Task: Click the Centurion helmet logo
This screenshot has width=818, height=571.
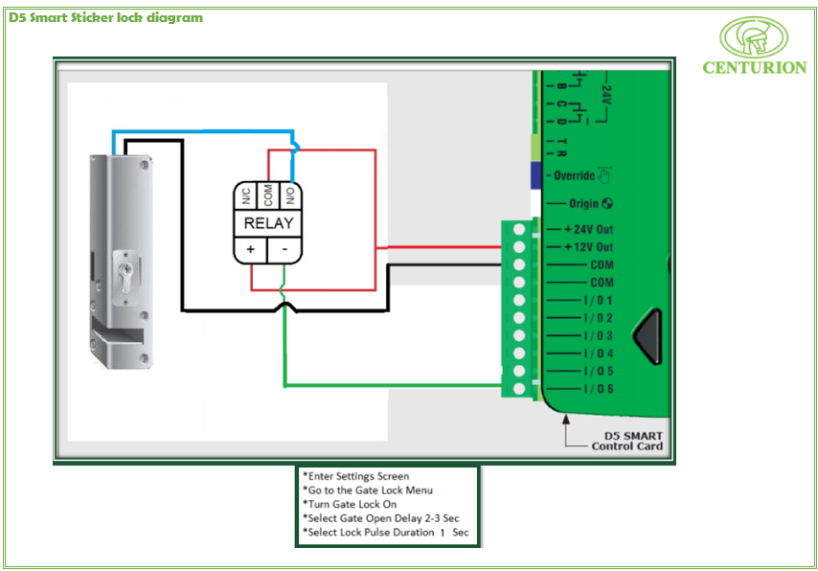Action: pos(754,38)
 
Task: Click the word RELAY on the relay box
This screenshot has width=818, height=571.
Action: pos(268,223)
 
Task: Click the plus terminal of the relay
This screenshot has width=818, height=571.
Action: pos(251,249)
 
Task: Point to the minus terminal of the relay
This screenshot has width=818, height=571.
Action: pos(285,249)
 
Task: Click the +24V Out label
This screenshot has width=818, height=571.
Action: pos(588,230)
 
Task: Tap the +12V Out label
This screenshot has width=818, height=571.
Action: pos(588,247)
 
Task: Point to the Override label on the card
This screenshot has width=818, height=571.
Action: pos(574,175)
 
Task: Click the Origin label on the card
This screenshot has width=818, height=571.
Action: pos(583,203)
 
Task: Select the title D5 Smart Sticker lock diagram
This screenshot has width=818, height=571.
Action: pos(105,17)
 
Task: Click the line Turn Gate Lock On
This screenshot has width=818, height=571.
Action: pos(350,504)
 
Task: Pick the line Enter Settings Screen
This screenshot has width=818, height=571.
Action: pos(355,476)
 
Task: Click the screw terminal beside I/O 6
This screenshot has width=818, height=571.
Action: pos(519,389)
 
